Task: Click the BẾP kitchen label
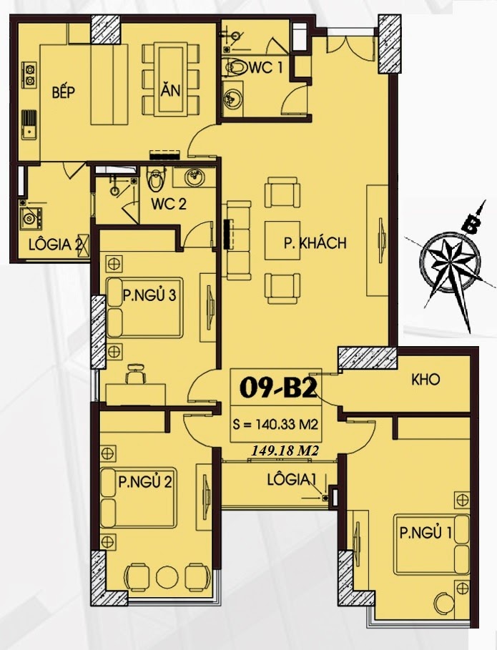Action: pyautogui.click(x=64, y=92)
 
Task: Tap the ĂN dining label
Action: pyautogui.click(x=170, y=89)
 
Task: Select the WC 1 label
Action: pyautogui.click(x=265, y=67)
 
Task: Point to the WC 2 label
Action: pyautogui.click(x=169, y=204)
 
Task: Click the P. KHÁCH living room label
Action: pyautogui.click(x=315, y=243)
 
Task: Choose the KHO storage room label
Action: pyautogui.click(x=425, y=380)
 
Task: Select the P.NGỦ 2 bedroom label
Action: pyautogui.click(x=144, y=482)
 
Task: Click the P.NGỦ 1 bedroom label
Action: pyautogui.click(x=425, y=532)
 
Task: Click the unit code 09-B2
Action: pyautogui.click(x=278, y=388)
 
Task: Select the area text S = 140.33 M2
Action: pyautogui.click(x=275, y=425)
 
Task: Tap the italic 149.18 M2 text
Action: pyautogui.click(x=285, y=451)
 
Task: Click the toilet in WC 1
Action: pyautogui.click(x=234, y=67)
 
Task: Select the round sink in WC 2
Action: pyautogui.click(x=193, y=178)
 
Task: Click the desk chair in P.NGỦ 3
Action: pyautogui.click(x=135, y=374)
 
